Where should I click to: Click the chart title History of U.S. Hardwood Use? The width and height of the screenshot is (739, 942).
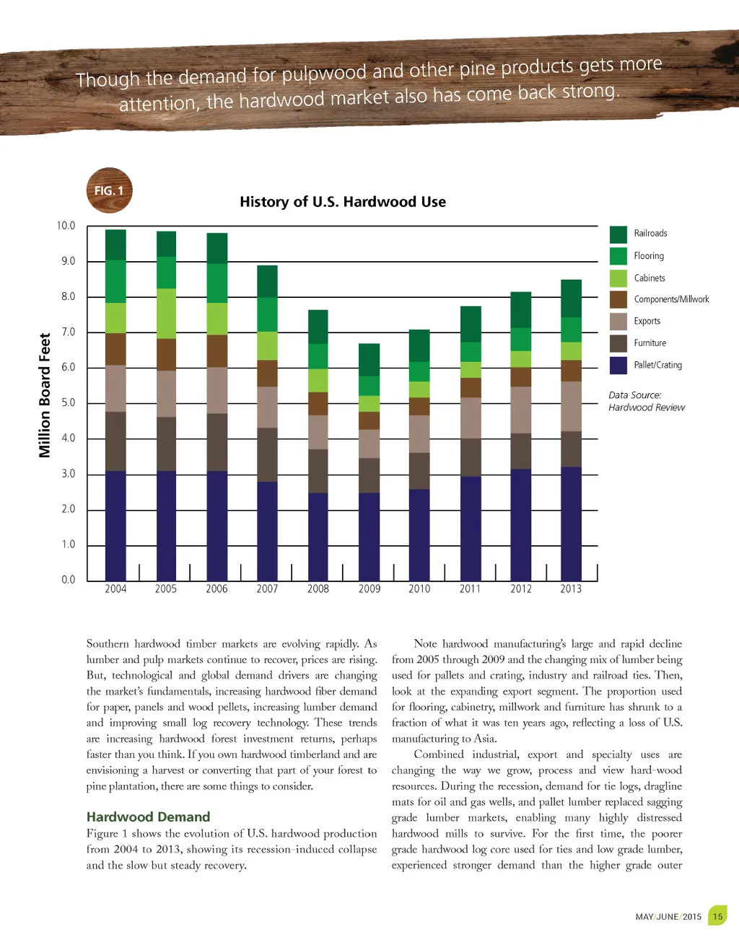[x=343, y=202]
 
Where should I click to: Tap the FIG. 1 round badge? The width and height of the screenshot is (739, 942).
[x=109, y=190]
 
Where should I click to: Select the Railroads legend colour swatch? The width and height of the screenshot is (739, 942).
[x=618, y=234]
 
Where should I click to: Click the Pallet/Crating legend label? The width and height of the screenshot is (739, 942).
[x=657, y=365]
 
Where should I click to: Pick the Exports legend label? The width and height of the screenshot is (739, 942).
[x=647, y=321]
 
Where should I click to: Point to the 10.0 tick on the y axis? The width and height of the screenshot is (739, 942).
[x=66, y=226]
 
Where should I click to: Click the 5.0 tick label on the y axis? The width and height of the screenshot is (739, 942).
[x=68, y=402]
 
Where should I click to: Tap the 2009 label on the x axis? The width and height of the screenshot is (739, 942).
[x=369, y=589]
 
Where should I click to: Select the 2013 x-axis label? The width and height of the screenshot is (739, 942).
[x=570, y=589]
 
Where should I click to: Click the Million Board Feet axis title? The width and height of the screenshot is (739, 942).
[x=45, y=395]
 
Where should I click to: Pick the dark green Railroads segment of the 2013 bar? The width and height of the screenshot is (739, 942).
[x=571, y=299]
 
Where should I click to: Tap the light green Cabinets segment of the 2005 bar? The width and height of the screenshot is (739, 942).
[x=166, y=314]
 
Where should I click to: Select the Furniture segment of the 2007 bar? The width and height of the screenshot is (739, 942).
[x=267, y=454]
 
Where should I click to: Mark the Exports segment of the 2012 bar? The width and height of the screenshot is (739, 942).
[x=520, y=410]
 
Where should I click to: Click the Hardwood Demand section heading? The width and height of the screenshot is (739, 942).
[x=148, y=816]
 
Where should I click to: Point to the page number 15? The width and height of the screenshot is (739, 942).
[x=717, y=917]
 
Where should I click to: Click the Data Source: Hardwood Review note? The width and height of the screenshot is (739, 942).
[x=646, y=401]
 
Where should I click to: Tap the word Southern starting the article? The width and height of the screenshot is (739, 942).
[x=108, y=643]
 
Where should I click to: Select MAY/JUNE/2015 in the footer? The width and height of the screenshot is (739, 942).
[x=668, y=917]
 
